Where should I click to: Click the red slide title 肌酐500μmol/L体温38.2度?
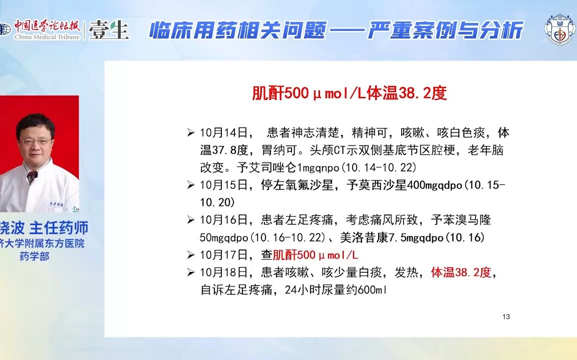click(x=349, y=93)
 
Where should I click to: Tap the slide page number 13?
click(x=506, y=316)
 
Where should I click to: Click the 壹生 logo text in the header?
click(x=109, y=30)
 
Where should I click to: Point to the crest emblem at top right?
click(x=559, y=30)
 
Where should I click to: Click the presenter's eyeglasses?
click(x=36, y=141)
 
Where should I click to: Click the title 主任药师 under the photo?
click(x=59, y=228)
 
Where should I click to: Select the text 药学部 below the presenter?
click(x=34, y=256)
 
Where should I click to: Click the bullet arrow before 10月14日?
click(x=191, y=132)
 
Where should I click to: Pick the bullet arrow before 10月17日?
click(x=191, y=254)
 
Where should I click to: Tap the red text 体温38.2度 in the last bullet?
click(x=461, y=272)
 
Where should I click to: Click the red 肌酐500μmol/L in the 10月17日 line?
click(x=316, y=255)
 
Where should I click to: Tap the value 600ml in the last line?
click(x=372, y=290)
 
